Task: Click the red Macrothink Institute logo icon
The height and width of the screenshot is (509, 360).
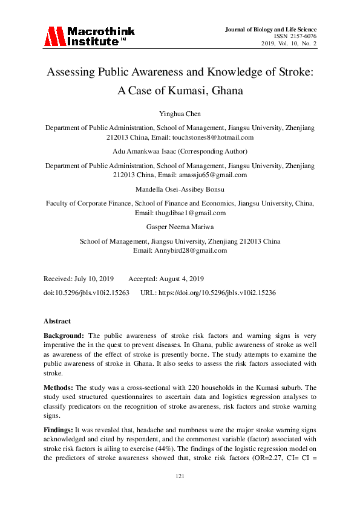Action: pos(54,36)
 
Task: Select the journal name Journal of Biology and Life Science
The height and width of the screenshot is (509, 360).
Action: pos(270,29)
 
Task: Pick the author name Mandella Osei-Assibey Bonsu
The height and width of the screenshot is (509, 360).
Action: pos(180,190)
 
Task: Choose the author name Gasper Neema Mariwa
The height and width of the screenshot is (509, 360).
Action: pos(180,227)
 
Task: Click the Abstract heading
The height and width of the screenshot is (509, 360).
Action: pos(57,321)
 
